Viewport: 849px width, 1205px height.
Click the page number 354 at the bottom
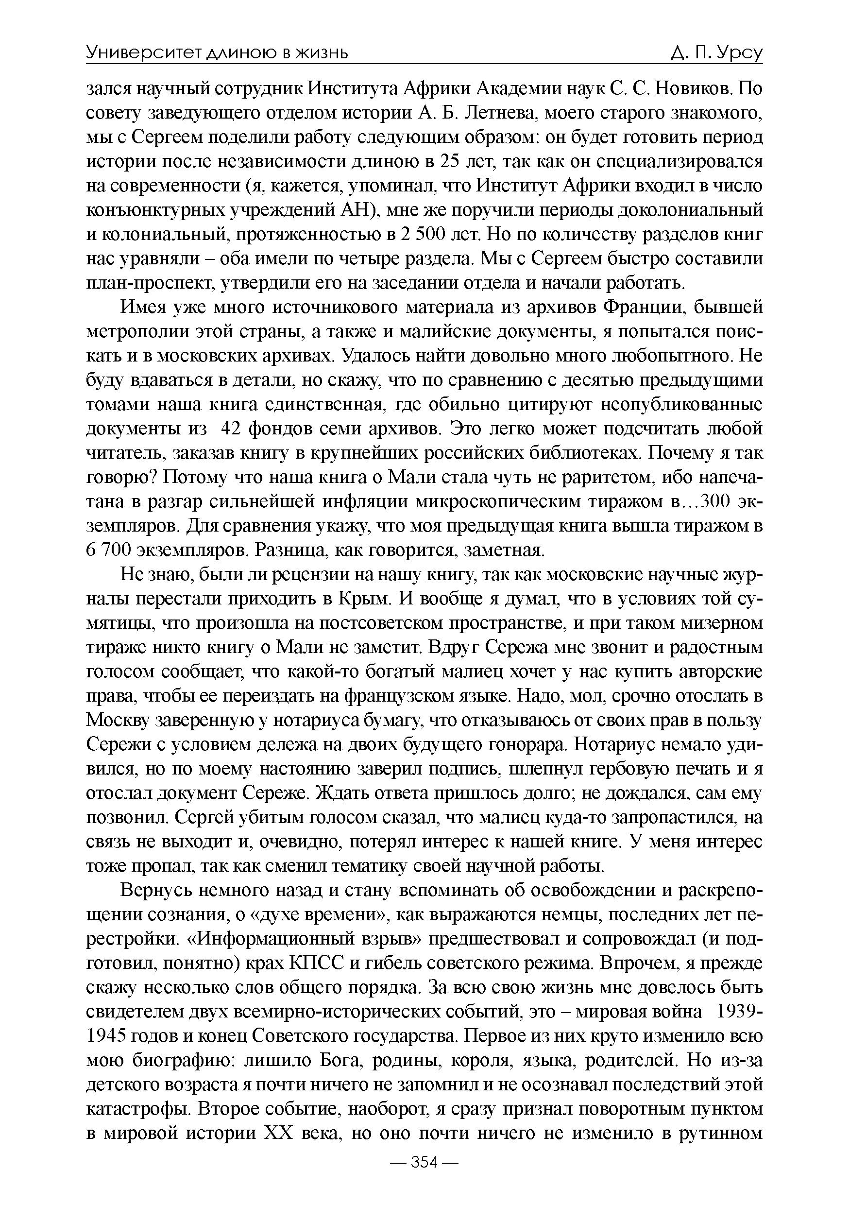[424, 1177]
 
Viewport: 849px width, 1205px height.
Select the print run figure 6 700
[109, 551]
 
